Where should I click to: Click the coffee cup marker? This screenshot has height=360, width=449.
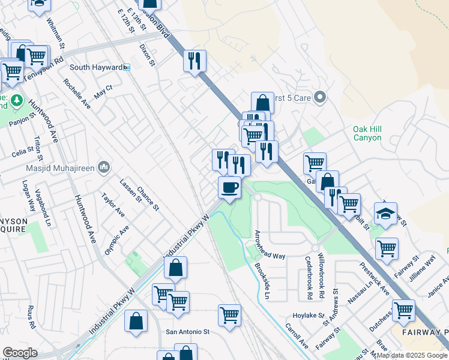pos(229,188)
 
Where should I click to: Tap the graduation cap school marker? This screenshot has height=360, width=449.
pos(386,214)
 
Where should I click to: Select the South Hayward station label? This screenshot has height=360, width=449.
pos(95,67)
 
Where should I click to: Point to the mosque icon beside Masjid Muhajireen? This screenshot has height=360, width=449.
pos(103,166)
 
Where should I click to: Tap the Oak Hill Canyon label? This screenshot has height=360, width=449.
pos(367,133)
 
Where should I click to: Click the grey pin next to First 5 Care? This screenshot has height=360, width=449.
pos(320,97)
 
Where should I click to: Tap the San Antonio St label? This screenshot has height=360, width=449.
pos(187,331)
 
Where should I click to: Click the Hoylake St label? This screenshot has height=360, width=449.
pos(309,315)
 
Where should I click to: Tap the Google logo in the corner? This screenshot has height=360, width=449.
pos(20,353)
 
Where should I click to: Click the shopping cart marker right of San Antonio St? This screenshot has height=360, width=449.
pos(229,315)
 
